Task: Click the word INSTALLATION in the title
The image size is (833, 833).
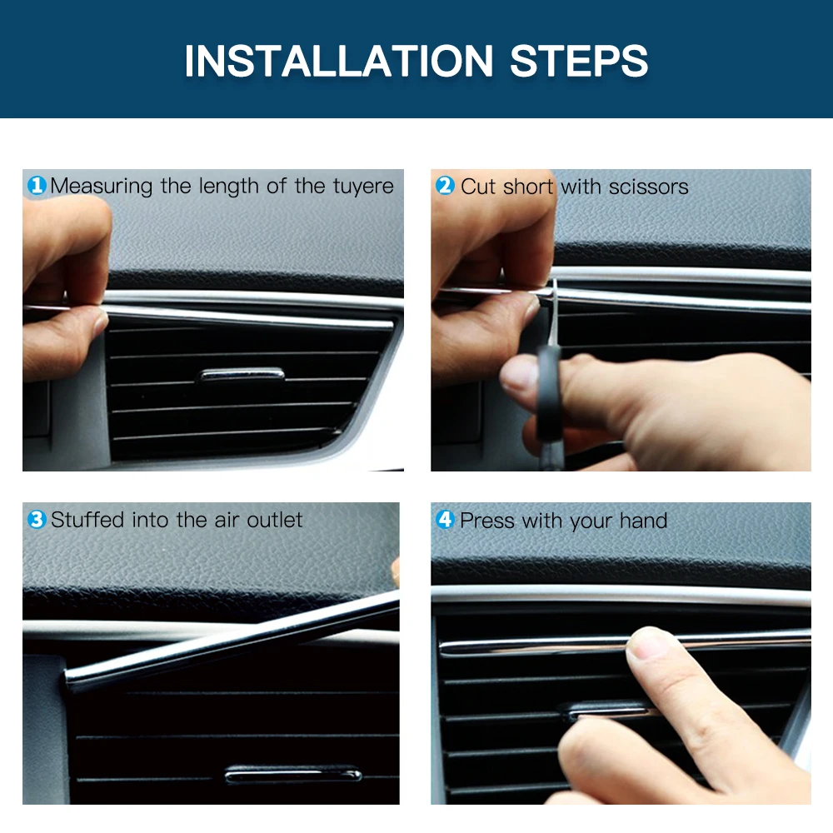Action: point(339,61)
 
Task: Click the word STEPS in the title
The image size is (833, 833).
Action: point(579,61)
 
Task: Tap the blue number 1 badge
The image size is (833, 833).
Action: point(37,186)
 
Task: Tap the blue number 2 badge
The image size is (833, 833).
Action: point(445,186)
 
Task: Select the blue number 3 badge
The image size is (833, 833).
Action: point(37,519)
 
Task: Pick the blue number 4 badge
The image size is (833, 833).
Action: point(445,519)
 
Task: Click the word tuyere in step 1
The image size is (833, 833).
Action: point(363,187)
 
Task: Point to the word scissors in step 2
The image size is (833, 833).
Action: point(649,187)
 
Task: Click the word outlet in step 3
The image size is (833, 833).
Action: point(275,520)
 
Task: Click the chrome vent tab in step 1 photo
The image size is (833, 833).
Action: point(241,375)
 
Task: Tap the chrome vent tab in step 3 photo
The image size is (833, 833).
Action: point(292,775)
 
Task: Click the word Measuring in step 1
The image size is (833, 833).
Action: point(102,187)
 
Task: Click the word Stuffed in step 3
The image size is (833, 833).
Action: point(87,520)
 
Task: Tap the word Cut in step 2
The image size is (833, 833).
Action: point(479,187)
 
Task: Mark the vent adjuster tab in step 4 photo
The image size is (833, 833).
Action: point(606,711)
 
